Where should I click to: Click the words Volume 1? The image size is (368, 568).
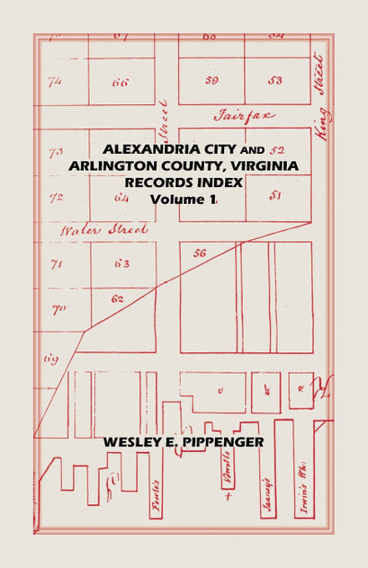184,199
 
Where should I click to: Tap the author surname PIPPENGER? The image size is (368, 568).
220,442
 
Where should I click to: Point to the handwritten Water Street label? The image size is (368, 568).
92,230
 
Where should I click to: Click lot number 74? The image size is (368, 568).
55,81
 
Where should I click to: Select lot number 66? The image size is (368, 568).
120,82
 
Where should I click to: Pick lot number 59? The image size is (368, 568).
211,80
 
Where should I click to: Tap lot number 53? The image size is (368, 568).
274,80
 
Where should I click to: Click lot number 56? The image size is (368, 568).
199,253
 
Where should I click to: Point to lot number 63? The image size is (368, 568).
121,263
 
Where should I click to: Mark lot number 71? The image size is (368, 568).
56,264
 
